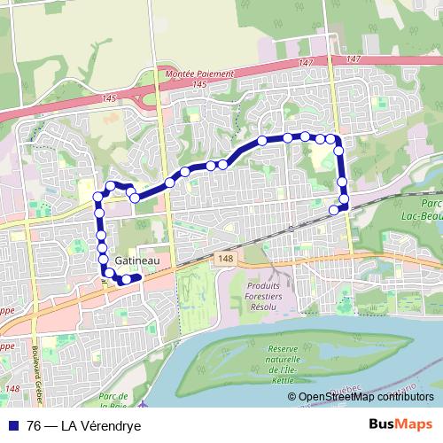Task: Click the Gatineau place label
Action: pyautogui.click(x=137, y=261)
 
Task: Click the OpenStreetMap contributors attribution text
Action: pyautogui.click(x=366, y=397)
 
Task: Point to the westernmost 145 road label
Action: pyautogui.click(x=110, y=97)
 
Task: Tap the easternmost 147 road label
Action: pyautogui.click(x=354, y=58)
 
